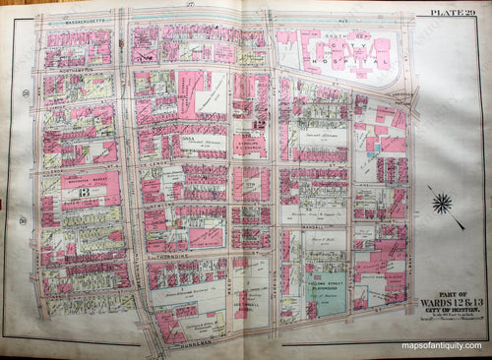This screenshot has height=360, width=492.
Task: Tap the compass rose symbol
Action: pos(443,204)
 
